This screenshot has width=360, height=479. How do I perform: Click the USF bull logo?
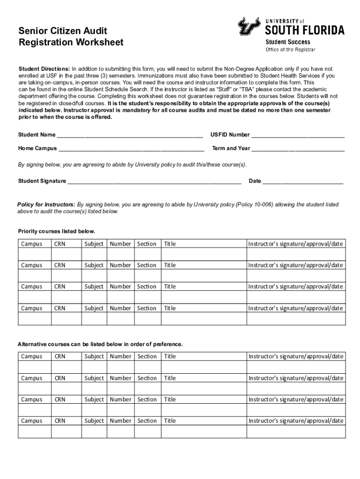coord(249,26)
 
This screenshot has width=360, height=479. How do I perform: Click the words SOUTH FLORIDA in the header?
coord(305,31)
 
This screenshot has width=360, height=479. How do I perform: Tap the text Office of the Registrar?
coord(290,50)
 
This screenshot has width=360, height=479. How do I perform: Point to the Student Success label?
coord(285,42)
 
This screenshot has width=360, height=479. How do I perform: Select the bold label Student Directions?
coord(44,69)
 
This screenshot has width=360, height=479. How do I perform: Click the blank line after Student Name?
coord(130,135)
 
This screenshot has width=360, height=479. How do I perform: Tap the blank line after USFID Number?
coord(298,135)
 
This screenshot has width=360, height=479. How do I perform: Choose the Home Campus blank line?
coord(131,149)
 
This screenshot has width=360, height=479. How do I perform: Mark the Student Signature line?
coord(154,181)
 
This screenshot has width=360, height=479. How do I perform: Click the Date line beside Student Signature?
coord(303,181)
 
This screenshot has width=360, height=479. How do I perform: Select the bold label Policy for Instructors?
coord(46,205)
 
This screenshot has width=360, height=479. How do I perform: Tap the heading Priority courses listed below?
coord(57,232)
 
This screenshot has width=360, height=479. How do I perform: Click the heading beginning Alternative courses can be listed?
coord(100,344)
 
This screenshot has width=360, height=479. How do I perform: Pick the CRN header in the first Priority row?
coord(60,244)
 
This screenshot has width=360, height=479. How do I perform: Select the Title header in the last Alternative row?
coord(170,421)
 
